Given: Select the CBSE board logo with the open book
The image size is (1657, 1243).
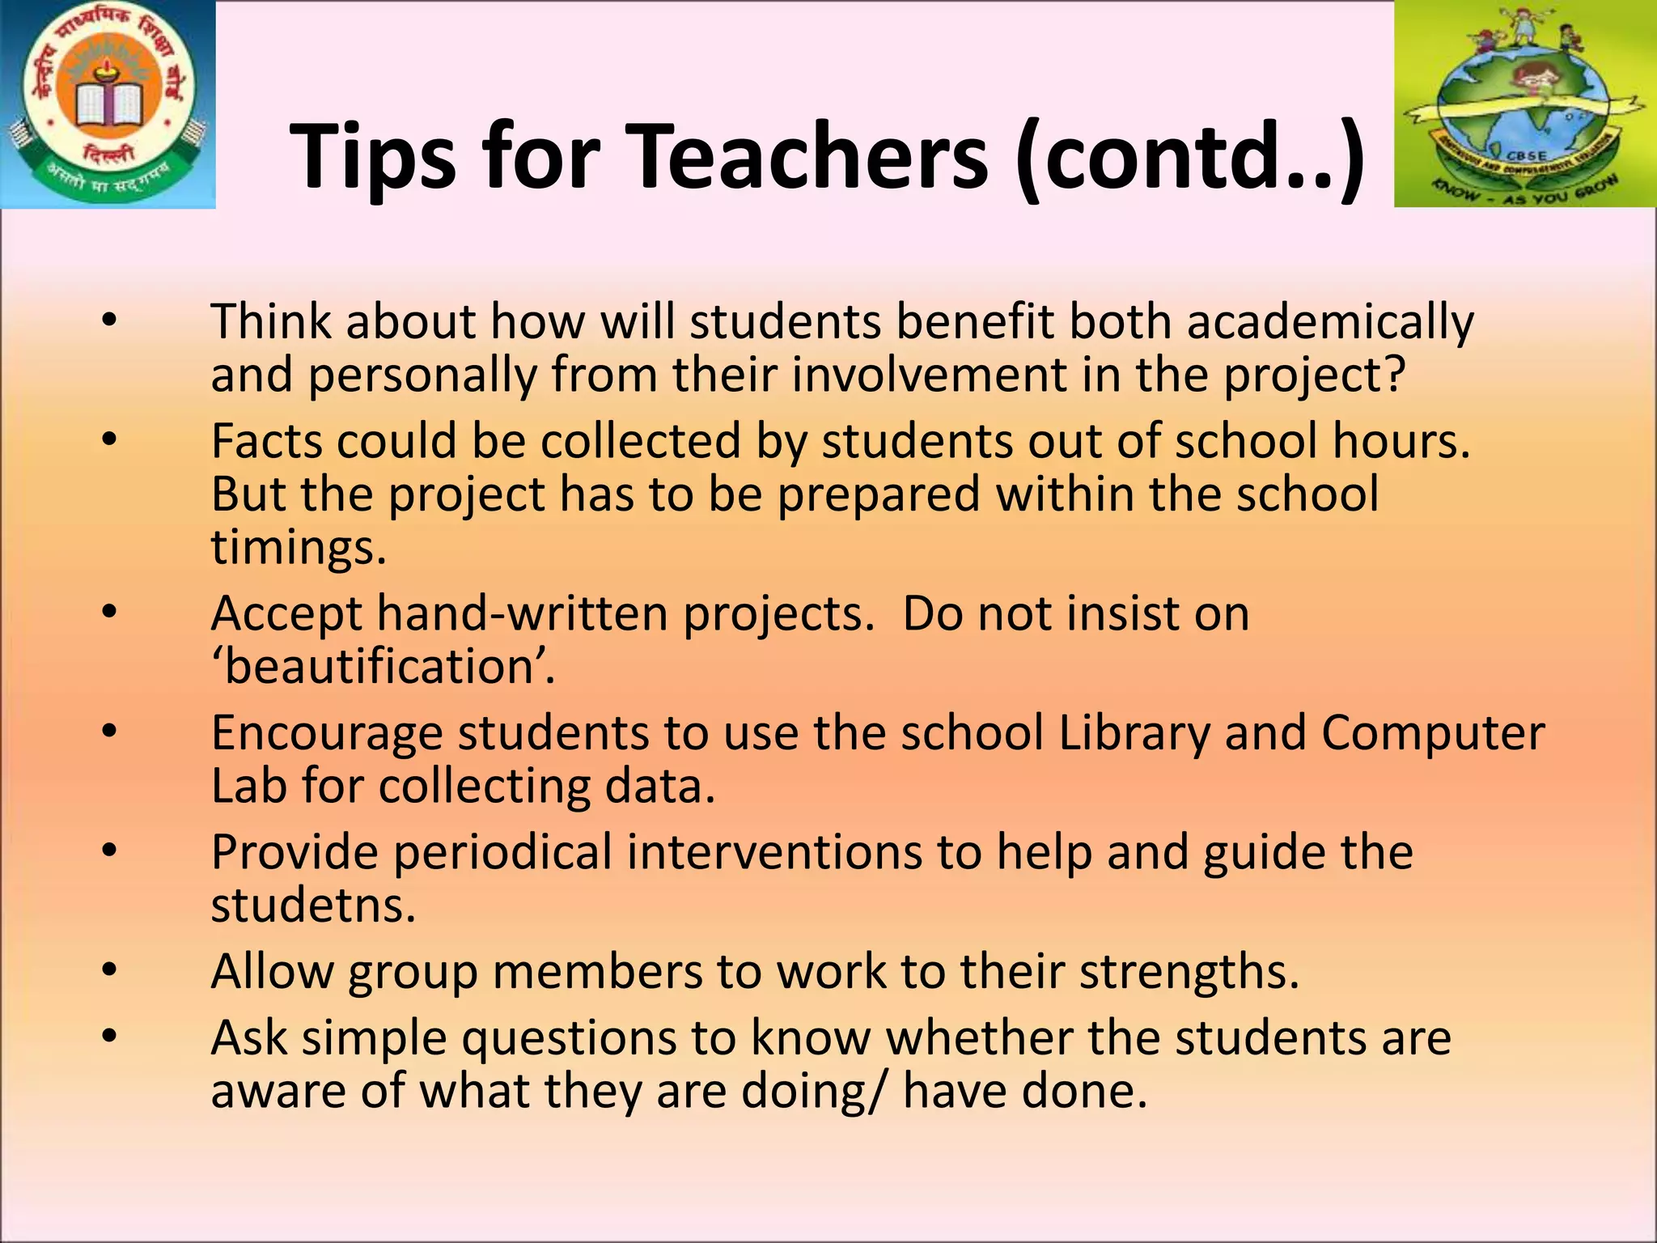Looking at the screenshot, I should [x=108, y=104].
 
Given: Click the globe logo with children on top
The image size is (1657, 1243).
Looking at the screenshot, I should [x=1525, y=104].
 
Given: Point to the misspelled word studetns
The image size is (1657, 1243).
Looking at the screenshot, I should [x=312, y=905].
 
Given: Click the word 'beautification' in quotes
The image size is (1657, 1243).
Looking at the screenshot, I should [x=382, y=667].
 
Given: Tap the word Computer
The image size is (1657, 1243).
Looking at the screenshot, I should [x=1433, y=733].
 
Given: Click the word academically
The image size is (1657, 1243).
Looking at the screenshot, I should [x=1330, y=322].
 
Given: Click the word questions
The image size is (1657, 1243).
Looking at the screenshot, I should [x=599, y=1037].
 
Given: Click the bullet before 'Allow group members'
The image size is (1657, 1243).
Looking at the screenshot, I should [x=109, y=970].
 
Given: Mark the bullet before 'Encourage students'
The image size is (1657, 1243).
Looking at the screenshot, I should [x=109, y=732].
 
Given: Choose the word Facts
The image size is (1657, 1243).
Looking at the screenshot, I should [x=266, y=442].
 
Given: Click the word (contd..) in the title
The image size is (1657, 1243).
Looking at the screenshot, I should [x=1190, y=159].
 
